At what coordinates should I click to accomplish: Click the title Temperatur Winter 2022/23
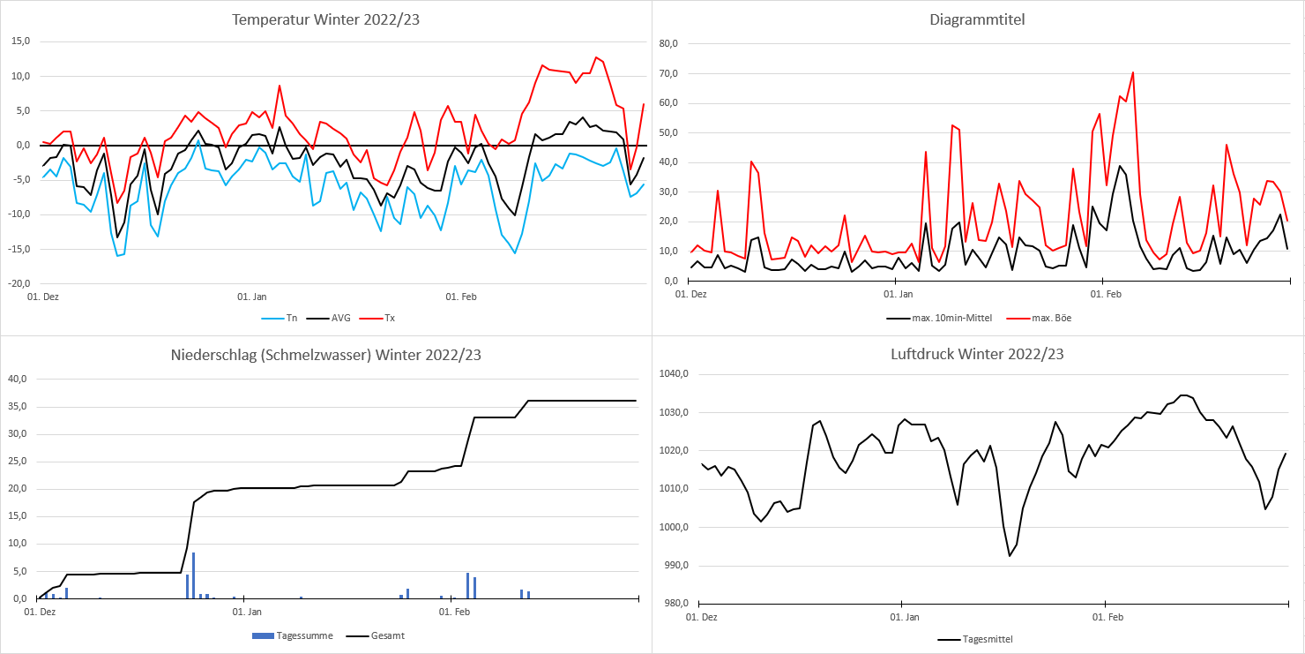pos(325,19)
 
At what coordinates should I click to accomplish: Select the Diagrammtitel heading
pos(977,19)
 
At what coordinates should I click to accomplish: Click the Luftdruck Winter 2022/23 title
pos(977,355)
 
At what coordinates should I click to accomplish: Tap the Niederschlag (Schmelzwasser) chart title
pos(325,356)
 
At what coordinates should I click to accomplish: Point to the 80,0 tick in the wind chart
pos(666,44)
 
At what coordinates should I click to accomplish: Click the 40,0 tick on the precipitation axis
pos(18,380)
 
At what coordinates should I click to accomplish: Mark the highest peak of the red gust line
pos(1132,72)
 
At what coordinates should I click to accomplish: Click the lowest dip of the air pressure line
pos(1010,556)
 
